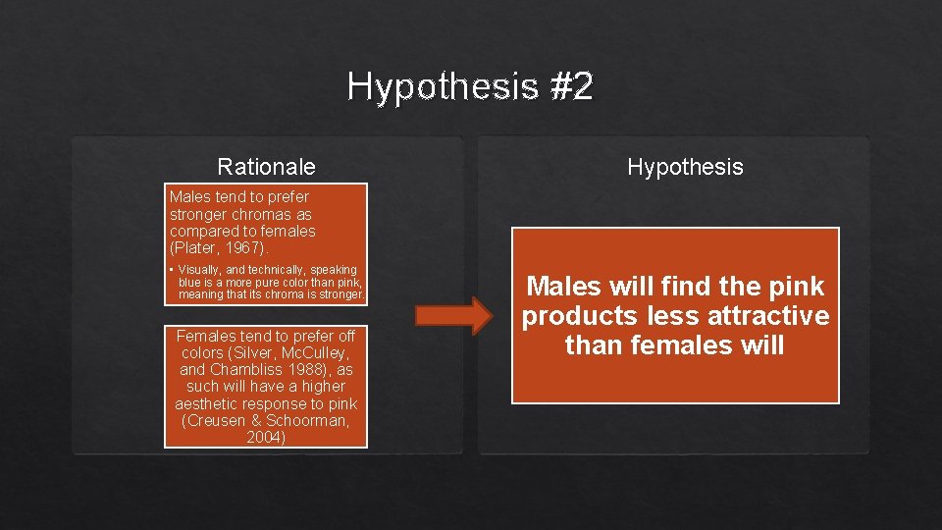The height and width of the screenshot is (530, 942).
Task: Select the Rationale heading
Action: (x=266, y=167)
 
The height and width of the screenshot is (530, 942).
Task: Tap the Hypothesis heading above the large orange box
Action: (x=685, y=167)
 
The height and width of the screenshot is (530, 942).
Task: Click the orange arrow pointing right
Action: (x=452, y=315)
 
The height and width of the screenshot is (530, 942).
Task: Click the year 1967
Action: (x=241, y=248)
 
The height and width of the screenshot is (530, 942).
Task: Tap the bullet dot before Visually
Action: (x=171, y=270)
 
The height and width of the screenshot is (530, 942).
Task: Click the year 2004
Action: (x=266, y=438)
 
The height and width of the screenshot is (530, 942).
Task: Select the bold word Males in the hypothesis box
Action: (x=565, y=287)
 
